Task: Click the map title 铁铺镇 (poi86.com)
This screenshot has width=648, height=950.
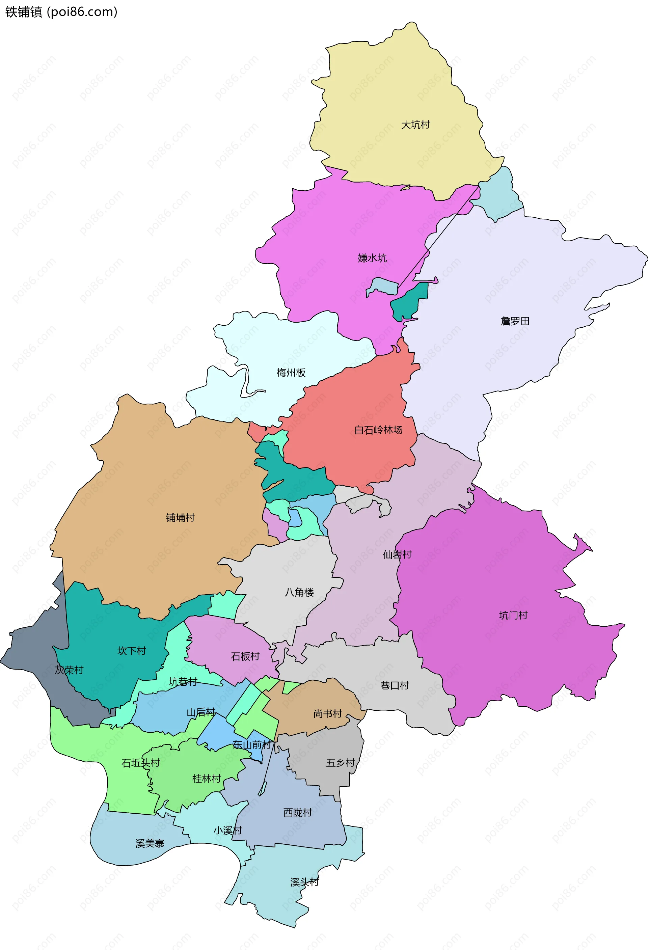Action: (x=61, y=12)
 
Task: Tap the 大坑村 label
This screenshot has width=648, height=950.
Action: (x=415, y=125)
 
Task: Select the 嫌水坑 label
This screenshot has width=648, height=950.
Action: (x=372, y=258)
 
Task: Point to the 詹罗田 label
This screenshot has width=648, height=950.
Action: (x=515, y=321)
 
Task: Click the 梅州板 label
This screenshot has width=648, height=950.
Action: (x=291, y=372)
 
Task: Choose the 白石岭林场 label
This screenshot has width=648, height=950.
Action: (x=378, y=430)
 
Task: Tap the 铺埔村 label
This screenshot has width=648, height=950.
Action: (x=180, y=517)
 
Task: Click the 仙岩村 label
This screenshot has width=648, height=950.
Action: (x=397, y=554)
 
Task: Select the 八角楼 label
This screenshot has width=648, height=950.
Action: (x=299, y=592)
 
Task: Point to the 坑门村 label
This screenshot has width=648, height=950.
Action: (x=513, y=615)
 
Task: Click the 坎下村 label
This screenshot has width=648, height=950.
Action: (x=132, y=651)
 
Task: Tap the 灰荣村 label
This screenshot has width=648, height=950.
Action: (x=69, y=670)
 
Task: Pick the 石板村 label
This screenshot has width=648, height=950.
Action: (x=245, y=656)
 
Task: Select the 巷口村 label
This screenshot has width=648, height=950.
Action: (x=395, y=685)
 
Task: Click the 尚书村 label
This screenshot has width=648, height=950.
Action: (x=328, y=714)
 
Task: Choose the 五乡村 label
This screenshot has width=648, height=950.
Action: (x=340, y=763)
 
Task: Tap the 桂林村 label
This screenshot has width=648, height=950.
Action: (x=207, y=779)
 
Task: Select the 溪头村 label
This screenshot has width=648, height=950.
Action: (x=304, y=882)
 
